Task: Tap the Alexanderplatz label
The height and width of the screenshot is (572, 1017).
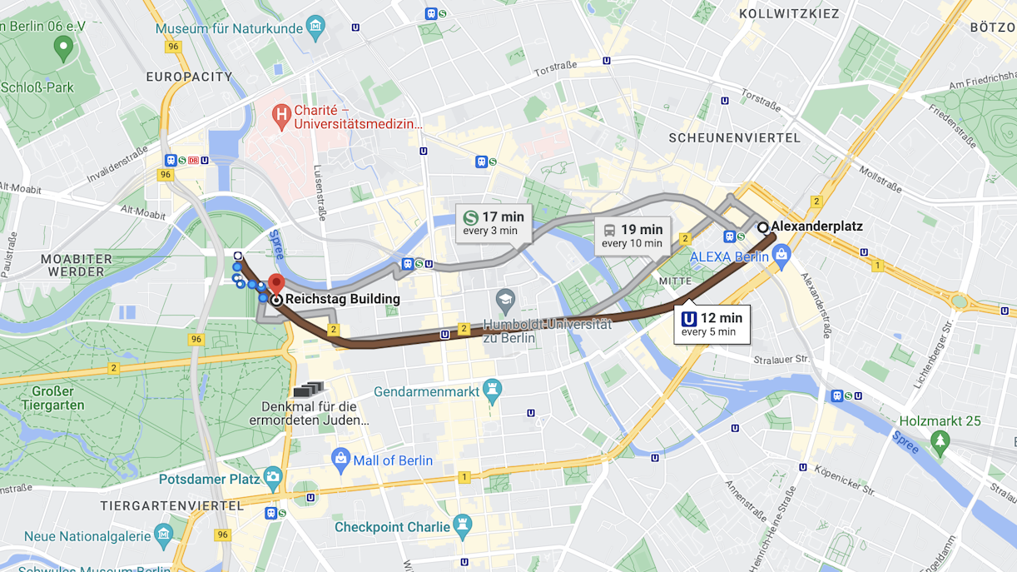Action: point(816,226)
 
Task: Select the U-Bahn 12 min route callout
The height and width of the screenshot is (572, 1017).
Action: point(712,324)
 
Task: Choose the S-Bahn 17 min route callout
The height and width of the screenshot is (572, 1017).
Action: point(494,223)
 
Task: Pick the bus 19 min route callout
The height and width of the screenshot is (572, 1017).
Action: point(632,236)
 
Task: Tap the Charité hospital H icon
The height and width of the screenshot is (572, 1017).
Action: point(282,114)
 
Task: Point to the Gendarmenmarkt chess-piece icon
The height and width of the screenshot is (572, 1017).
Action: point(493,390)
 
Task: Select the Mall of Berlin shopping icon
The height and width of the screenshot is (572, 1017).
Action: point(340,460)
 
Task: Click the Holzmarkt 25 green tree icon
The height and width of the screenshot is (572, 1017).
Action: point(940,440)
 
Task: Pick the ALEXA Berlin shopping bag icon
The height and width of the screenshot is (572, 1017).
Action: point(780,256)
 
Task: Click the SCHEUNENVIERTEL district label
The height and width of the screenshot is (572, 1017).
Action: point(734,138)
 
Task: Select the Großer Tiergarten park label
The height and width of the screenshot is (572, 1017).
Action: point(53,398)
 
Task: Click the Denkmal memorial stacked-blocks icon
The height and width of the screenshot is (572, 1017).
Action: point(308,389)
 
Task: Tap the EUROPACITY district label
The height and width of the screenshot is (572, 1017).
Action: point(189,77)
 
